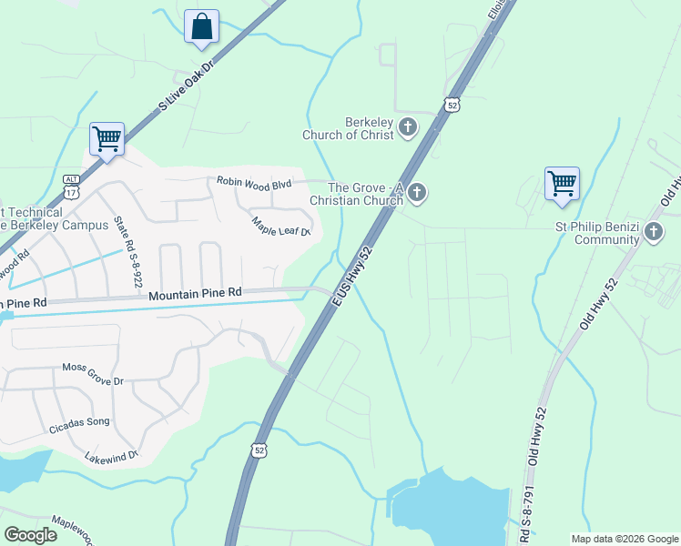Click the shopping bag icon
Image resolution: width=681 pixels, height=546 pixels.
pyautogui.click(x=201, y=26)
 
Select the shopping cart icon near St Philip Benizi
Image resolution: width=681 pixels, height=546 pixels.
pyautogui.click(x=562, y=183)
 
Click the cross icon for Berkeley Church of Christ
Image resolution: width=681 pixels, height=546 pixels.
pyautogui.click(x=407, y=128)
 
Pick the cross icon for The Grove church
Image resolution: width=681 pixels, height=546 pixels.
pyautogui.click(x=417, y=193)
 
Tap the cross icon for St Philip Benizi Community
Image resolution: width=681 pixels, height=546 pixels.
pyautogui.click(x=653, y=233)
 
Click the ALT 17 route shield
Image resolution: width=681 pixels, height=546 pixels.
pyautogui.click(x=72, y=187)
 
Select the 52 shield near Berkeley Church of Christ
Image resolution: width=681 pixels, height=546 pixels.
pyautogui.click(x=452, y=105)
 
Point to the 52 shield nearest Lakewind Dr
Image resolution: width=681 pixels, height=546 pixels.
pyautogui.click(x=259, y=449)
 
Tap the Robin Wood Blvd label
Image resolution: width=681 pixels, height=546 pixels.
pyautogui.click(x=254, y=184)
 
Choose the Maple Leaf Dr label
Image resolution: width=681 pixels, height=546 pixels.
pyautogui.click(x=281, y=225)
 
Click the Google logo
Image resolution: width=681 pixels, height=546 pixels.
pyautogui.click(x=31, y=535)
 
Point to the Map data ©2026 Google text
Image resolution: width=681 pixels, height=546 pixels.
pyautogui.click(x=625, y=539)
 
